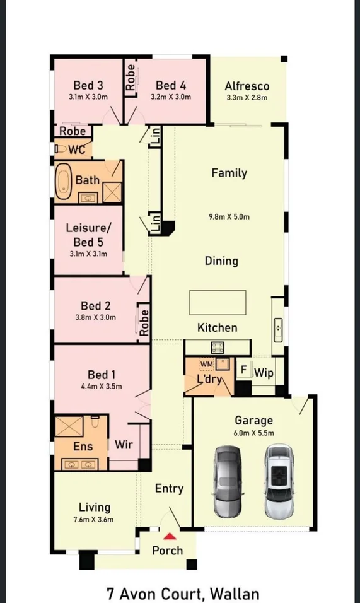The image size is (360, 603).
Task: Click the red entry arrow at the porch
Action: pyautogui.click(x=170, y=536)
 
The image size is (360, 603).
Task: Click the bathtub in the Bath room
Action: pyautogui.click(x=64, y=181)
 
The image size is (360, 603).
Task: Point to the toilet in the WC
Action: pyautogui.click(x=61, y=149)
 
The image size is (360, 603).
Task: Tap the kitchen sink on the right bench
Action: pyautogui.click(x=278, y=330)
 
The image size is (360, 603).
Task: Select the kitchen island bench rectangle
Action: pyautogui.click(x=218, y=303)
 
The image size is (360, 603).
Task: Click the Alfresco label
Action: pyautogui.click(x=247, y=86)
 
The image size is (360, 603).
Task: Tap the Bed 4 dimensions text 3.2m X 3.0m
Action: pyautogui.click(x=171, y=97)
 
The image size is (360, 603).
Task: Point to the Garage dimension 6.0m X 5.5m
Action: pyautogui.click(x=253, y=433)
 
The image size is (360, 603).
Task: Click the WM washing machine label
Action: pyautogui.click(x=206, y=364)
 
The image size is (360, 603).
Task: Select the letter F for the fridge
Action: pyautogui.click(x=243, y=370)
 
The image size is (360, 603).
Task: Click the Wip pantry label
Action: pyautogui.click(x=264, y=373)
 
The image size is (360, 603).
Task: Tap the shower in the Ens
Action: pyautogui.click(x=69, y=426)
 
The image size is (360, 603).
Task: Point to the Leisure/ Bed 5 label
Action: pyautogui.click(x=88, y=235)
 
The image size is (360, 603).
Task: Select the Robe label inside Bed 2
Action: pyautogui.click(x=144, y=323)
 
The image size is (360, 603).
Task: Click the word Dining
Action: pyautogui.click(x=221, y=261)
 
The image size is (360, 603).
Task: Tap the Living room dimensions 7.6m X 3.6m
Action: pyautogui.click(x=93, y=520)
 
